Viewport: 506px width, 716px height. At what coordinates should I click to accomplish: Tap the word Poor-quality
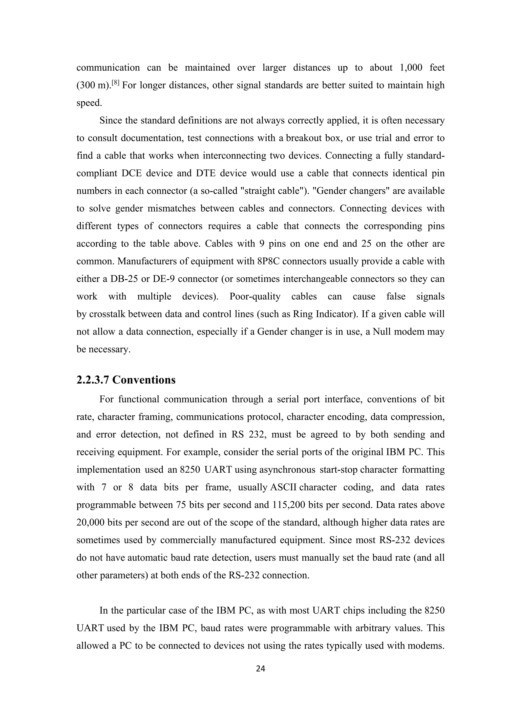click(x=255, y=296)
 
